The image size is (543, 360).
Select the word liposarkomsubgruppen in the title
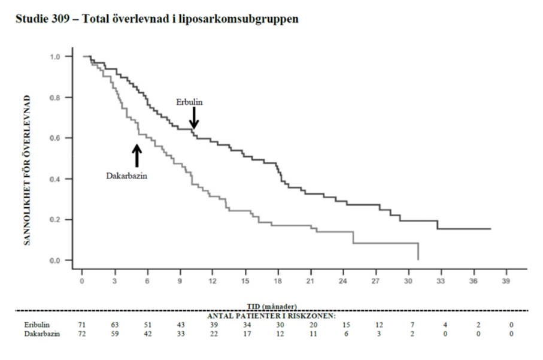(x=239, y=19)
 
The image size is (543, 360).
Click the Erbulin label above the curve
(x=189, y=102)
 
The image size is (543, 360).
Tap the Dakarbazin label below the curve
(x=127, y=176)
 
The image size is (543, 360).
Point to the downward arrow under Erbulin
(x=194, y=118)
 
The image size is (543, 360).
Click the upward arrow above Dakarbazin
(x=137, y=156)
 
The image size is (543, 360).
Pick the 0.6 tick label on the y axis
(x=54, y=138)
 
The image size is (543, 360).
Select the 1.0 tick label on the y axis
(x=54, y=57)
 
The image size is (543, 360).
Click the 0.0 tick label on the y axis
(x=54, y=261)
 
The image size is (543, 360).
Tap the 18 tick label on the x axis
(x=278, y=281)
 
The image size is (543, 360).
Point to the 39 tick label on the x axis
(x=506, y=281)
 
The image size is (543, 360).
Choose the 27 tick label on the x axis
(x=375, y=281)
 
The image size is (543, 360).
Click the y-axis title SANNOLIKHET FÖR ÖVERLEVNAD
(x=27, y=170)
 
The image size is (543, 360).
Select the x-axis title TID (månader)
(x=272, y=307)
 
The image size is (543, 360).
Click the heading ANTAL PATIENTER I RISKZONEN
(x=272, y=316)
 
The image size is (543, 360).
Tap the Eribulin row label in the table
(x=37, y=325)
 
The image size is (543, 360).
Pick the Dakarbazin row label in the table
(x=42, y=334)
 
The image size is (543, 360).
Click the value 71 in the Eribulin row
(x=82, y=325)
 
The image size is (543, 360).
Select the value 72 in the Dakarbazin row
(x=82, y=334)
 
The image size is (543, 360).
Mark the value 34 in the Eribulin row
(x=247, y=325)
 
